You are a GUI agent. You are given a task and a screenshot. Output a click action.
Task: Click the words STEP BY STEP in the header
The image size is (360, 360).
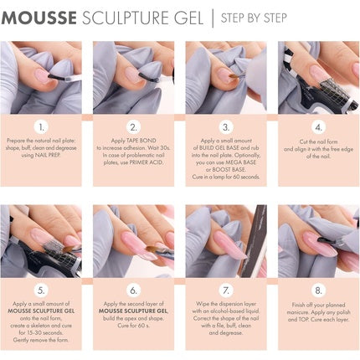(x=256, y=18)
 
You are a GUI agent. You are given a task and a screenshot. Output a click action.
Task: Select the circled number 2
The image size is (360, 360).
(x=135, y=127)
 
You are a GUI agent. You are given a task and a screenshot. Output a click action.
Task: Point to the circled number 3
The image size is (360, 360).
(x=225, y=127)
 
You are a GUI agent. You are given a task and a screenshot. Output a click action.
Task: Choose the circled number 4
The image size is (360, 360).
(x=318, y=127)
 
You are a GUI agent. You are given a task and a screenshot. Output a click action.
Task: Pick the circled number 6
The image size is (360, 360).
(x=135, y=291)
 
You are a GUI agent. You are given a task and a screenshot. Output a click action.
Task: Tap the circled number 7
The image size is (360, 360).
(x=225, y=291)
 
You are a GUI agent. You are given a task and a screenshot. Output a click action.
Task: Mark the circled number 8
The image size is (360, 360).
(x=318, y=291)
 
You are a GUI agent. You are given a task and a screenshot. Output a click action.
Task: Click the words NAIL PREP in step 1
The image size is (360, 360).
(x=54, y=156)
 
